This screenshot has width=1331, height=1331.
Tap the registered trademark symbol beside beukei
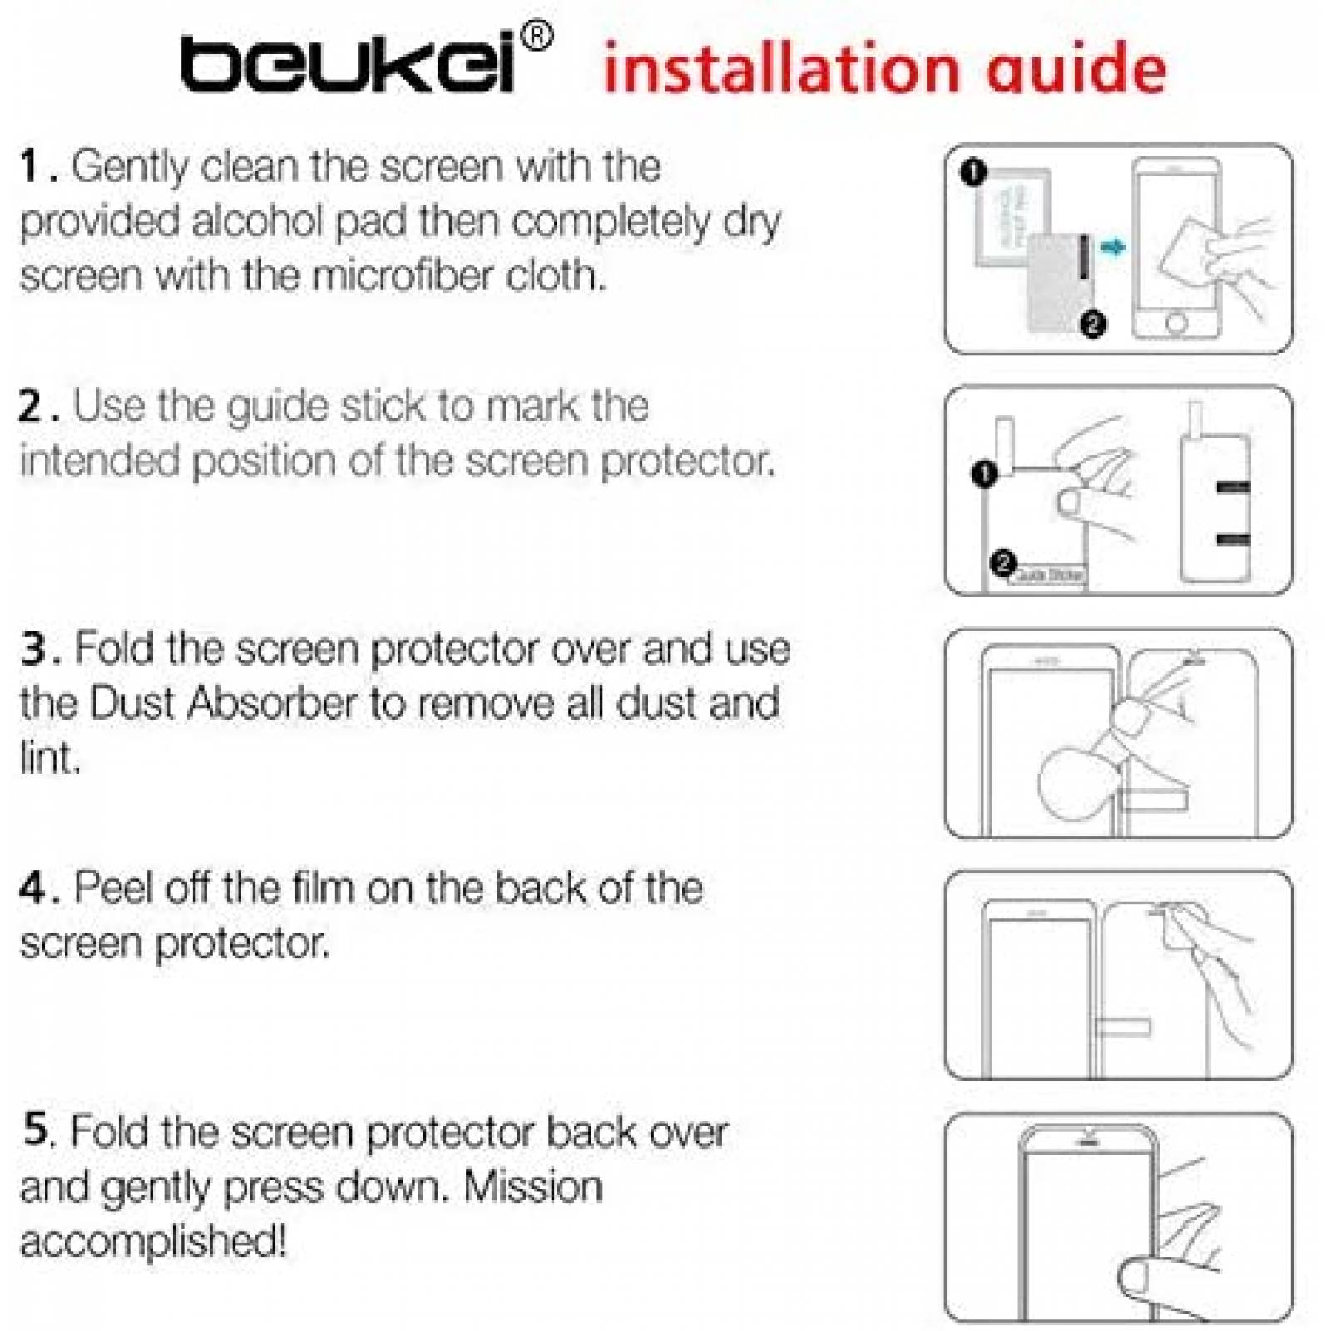[536, 37]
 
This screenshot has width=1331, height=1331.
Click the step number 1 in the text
[30, 166]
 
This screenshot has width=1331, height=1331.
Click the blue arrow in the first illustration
[1112, 246]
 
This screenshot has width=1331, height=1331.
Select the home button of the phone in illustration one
[1176, 322]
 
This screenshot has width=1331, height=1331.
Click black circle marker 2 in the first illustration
[1093, 324]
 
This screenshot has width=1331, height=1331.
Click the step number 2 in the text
[32, 407]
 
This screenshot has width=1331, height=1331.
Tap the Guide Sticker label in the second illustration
[1048, 575]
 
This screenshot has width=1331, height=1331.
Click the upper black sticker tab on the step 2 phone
[1233, 487]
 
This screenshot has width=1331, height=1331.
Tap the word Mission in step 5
[532, 1187]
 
